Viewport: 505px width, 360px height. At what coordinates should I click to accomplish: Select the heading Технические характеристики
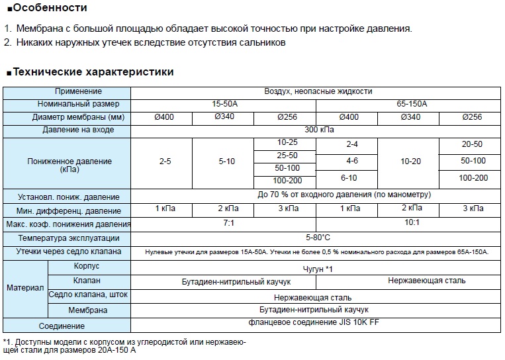pyautogui.click(x=93, y=71)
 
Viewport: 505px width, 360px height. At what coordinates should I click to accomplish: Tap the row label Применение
pyautogui.click(x=78, y=91)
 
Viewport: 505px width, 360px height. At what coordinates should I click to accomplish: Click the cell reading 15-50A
pyautogui.click(x=222, y=104)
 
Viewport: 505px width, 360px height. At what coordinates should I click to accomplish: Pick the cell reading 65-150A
pyautogui.click(x=412, y=104)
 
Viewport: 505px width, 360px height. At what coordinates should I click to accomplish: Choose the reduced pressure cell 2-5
pyautogui.click(x=161, y=161)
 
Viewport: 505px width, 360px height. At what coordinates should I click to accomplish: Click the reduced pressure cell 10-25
pyautogui.click(x=287, y=143)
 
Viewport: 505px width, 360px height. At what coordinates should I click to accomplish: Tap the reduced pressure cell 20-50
pyautogui.click(x=473, y=144)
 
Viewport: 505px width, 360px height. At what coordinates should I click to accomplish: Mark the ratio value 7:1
pyautogui.click(x=228, y=224)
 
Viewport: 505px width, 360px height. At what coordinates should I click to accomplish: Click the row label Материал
pyautogui.click(x=25, y=289)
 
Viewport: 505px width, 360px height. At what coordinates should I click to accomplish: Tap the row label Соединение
pyautogui.click(x=62, y=326)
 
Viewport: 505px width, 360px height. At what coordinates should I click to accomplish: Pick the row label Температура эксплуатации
pyautogui.click(x=69, y=238)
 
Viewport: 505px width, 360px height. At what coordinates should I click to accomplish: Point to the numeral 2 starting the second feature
pyautogui.click(x=7, y=42)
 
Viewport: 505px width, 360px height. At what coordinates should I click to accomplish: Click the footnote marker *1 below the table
pyautogui.click(x=7, y=341)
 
